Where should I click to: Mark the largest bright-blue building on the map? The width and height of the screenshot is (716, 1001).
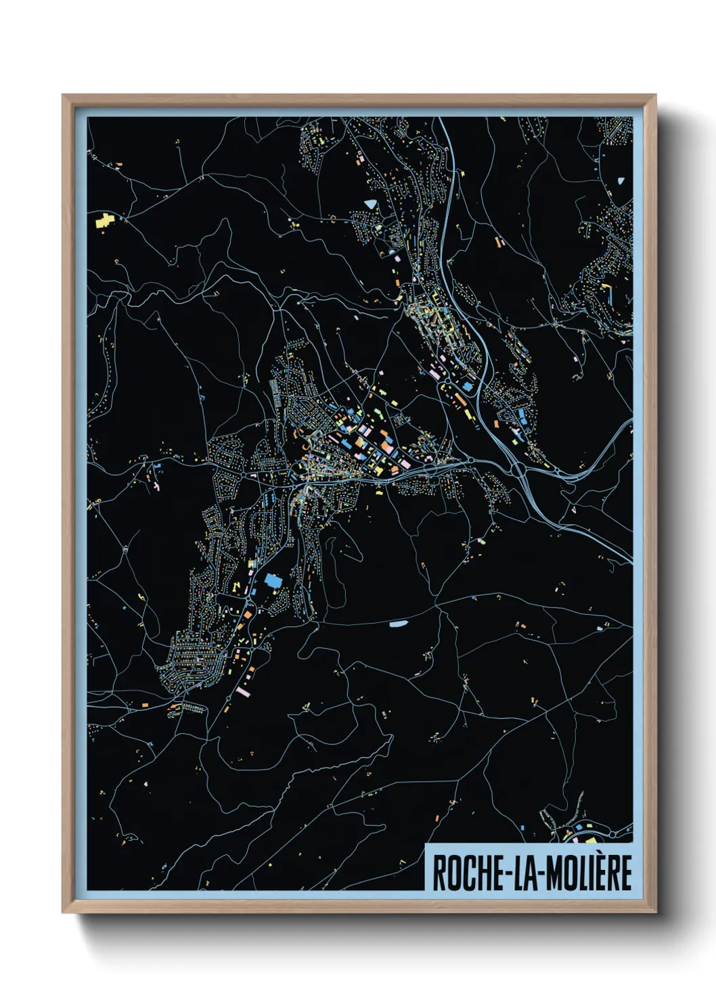(274, 580)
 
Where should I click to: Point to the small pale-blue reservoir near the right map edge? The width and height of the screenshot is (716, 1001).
(621, 181)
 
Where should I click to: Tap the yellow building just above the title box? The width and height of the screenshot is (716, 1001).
(590, 840)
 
